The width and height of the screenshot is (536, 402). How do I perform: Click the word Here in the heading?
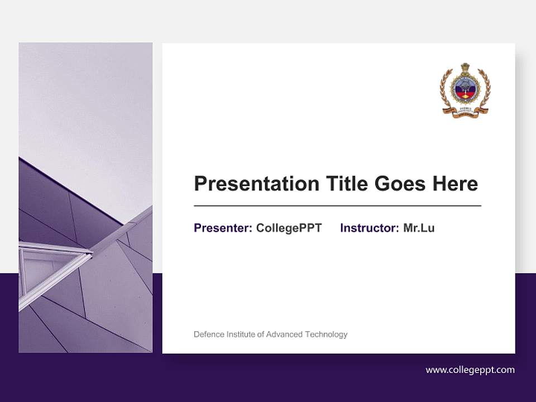pyautogui.click(x=457, y=184)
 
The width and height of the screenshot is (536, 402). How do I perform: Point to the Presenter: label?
pyautogui.click(x=223, y=228)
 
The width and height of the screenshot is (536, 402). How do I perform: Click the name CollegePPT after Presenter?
pyautogui.click(x=289, y=228)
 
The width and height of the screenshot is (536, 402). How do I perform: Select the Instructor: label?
pyautogui.click(x=370, y=228)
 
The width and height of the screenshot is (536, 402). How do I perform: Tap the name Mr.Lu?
pyautogui.click(x=419, y=228)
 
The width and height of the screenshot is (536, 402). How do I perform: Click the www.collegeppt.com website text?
pyautogui.click(x=470, y=370)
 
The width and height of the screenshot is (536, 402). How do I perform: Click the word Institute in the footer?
pyautogui.click(x=241, y=334)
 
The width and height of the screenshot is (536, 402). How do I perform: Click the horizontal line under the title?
pyautogui.click(x=337, y=205)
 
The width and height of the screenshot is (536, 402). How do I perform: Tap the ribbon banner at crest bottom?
pyautogui.click(x=465, y=112)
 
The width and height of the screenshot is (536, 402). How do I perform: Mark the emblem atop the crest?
pyautogui.click(x=465, y=70)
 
